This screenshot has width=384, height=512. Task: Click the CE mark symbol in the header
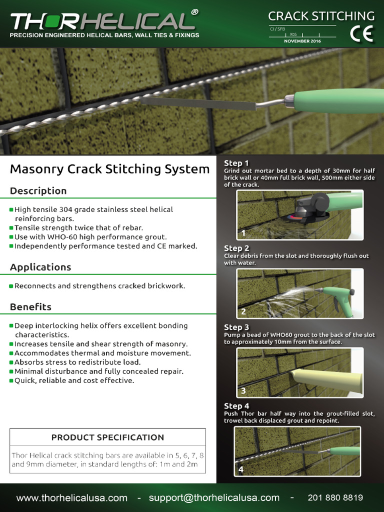click(361, 33)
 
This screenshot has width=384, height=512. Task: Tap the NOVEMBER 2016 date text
click(302, 41)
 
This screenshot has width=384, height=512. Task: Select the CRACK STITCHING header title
click(321, 16)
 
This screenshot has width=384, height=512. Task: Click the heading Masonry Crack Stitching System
click(109, 169)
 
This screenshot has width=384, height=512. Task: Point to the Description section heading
click(38, 191)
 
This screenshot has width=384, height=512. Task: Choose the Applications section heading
click(40, 267)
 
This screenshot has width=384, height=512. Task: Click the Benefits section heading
click(30, 307)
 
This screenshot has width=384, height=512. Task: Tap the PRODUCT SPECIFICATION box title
click(107, 437)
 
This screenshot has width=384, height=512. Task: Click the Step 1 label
click(236, 163)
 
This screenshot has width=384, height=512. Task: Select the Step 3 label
click(236, 327)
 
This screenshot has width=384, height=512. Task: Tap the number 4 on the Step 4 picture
click(241, 469)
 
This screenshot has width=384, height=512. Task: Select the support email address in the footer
click(214, 498)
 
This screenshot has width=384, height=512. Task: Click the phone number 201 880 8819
click(335, 498)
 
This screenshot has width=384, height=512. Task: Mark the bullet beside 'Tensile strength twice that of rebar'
click(11, 228)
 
